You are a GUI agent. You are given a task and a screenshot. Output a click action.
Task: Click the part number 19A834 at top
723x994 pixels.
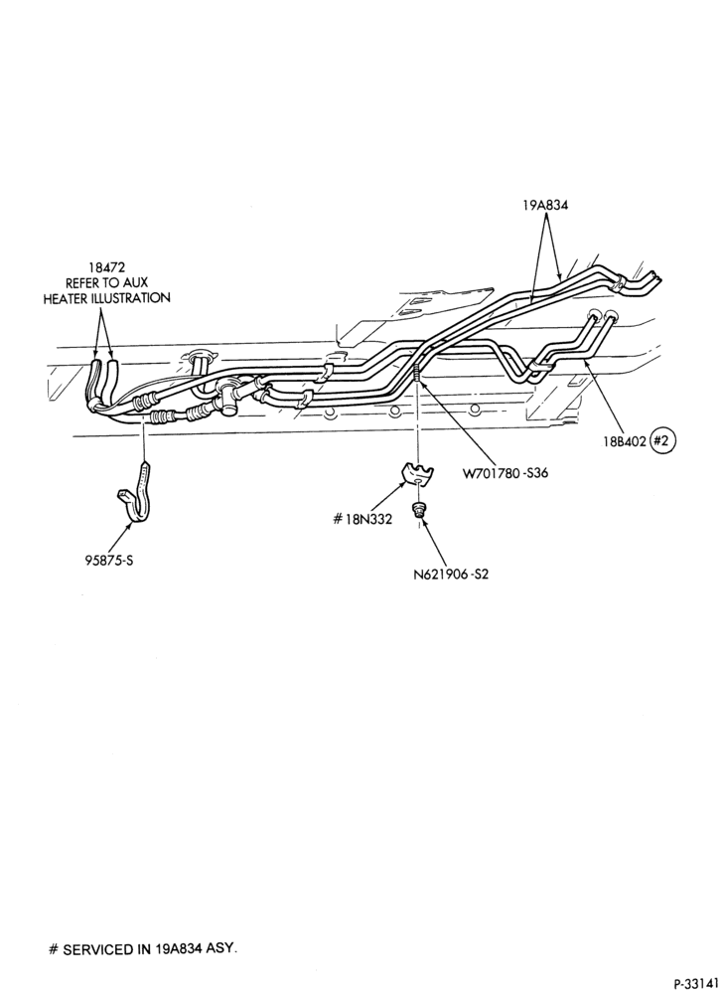coord(544,205)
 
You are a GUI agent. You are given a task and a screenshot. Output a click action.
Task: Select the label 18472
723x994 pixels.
coord(106,269)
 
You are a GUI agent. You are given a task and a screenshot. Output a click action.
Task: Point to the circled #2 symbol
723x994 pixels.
coord(662,441)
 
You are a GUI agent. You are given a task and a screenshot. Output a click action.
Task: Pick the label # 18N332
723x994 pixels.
coord(362,519)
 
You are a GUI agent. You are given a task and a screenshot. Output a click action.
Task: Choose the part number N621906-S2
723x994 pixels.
coord(451,575)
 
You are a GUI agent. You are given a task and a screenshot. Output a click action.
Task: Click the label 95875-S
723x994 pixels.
coord(109,560)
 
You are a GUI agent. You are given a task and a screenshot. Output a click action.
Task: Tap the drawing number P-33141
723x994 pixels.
coord(696,984)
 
